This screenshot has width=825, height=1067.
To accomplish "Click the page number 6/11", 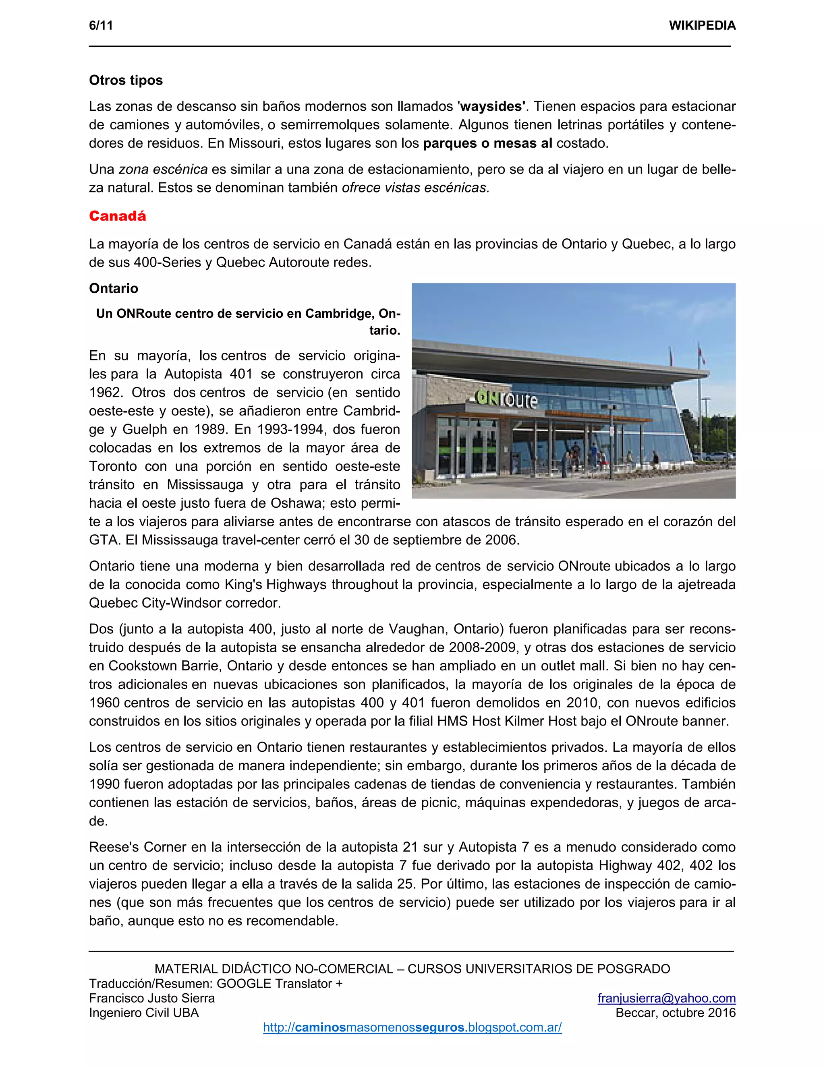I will point(101,25).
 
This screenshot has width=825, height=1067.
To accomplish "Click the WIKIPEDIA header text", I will point(702,25).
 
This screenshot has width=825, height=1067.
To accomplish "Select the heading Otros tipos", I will point(126,80).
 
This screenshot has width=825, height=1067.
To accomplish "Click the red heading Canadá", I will point(117,216).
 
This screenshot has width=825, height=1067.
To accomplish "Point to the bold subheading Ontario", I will point(113,288).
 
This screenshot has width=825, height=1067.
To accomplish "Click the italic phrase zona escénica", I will point(163,170).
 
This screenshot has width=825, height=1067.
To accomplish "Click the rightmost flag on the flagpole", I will point(702,354).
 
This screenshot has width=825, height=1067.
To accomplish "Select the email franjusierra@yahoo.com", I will point(666,998).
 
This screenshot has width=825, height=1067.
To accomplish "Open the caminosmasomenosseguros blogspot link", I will point(412,1028).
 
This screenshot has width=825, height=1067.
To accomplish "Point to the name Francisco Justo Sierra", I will point(151,998).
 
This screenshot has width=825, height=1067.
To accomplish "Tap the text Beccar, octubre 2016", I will point(676,1013).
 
